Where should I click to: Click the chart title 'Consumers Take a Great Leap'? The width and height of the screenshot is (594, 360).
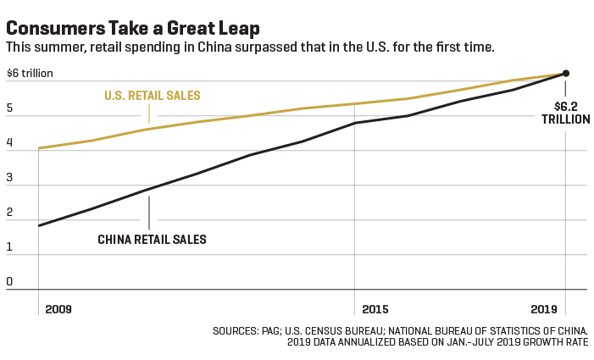(133, 29)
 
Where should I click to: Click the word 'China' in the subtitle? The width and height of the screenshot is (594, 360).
(214, 47)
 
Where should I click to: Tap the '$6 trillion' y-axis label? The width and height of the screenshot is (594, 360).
(30, 73)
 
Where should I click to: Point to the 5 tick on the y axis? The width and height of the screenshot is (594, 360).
(9, 108)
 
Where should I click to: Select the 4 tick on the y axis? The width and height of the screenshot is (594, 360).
(9, 142)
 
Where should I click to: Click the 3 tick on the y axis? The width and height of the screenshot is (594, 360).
(9, 177)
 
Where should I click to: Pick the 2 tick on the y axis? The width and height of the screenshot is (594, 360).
(9, 212)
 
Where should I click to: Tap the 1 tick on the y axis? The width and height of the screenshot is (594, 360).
(9, 246)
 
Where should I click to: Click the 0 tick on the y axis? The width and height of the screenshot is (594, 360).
(9, 281)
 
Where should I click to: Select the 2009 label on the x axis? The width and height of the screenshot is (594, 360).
(58, 309)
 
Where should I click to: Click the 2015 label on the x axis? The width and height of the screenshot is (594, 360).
(375, 309)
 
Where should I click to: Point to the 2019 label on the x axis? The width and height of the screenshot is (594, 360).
(544, 309)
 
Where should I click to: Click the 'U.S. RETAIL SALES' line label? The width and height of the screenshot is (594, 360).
(153, 96)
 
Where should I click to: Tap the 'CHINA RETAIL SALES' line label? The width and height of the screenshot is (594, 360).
(152, 240)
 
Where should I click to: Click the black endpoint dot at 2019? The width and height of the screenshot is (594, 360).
(565, 74)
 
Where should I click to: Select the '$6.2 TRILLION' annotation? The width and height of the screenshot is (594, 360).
(565, 113)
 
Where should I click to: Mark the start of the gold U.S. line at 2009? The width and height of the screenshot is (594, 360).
(39, 148)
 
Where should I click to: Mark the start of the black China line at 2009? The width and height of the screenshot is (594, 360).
(39, 225)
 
